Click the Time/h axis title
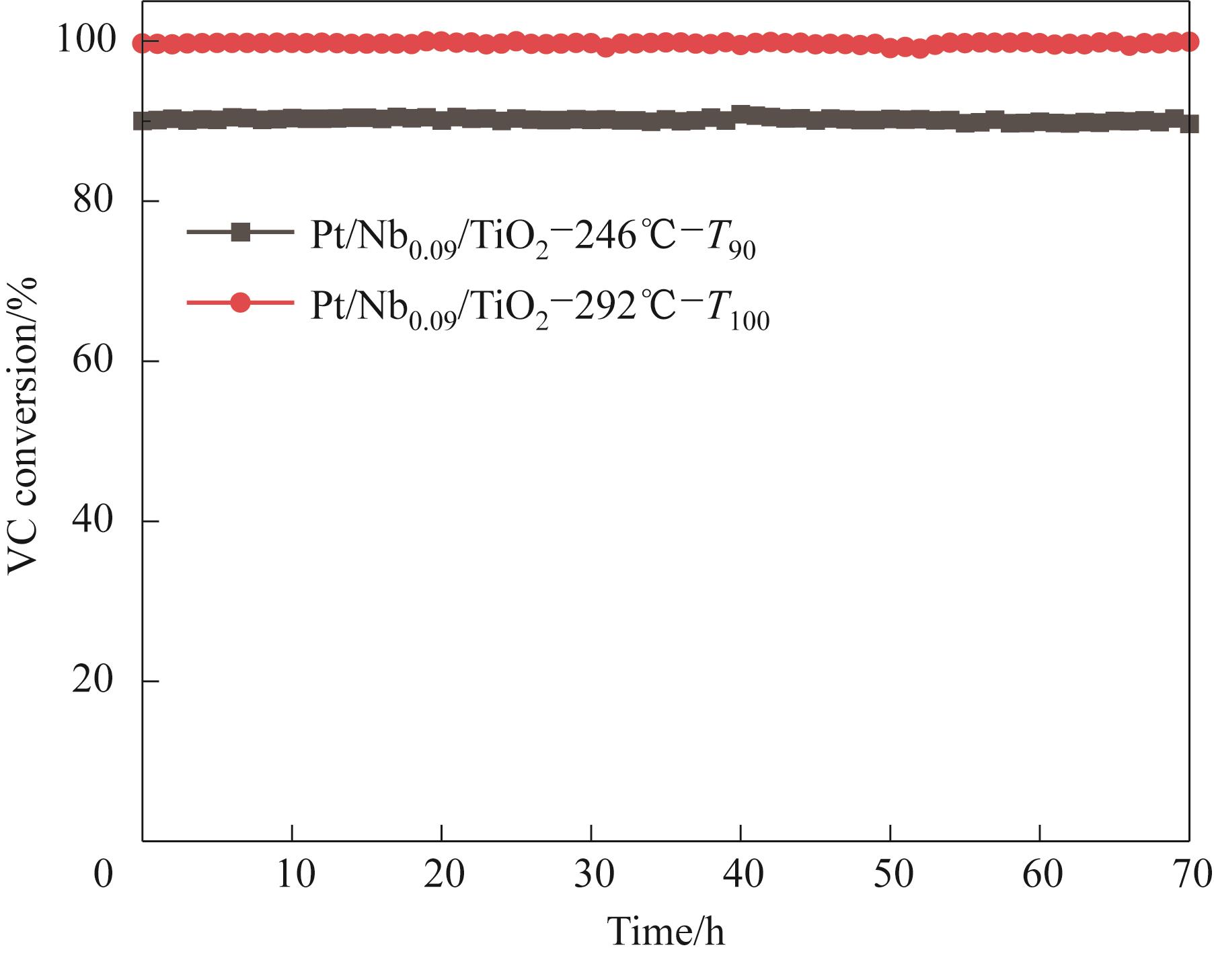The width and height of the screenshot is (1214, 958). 666,932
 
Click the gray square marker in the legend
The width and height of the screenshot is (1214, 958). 240,233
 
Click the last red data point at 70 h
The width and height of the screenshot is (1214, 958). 1189,42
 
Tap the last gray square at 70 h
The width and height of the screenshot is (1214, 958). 1189,124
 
